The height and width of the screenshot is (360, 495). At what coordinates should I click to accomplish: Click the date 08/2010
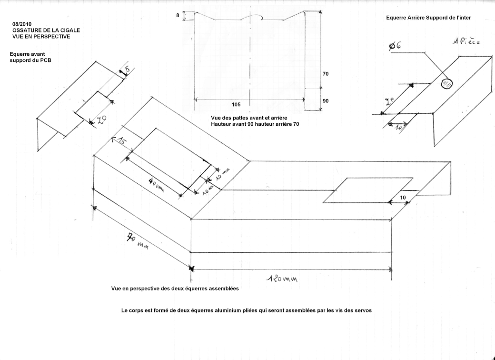[x=22, y=23]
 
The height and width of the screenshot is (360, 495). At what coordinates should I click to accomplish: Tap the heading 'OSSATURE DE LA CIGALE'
[x=46, y=30]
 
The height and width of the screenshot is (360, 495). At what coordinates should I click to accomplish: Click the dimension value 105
[x=236, y=104]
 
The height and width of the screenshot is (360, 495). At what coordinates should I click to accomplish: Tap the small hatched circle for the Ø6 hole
[x=447, y=84]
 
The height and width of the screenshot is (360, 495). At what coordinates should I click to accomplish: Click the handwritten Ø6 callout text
[x=395, y=46]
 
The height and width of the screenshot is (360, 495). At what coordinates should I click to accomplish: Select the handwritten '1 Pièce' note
[x=466, y=41]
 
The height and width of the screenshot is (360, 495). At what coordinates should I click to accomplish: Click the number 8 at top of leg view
[x=178, y=16]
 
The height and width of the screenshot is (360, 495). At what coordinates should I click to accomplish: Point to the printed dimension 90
[x=325, y=101]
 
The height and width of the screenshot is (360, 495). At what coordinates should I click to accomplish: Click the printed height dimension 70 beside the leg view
[x=325, y=74]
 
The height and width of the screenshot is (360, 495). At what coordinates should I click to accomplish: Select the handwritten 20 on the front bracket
[x=100, y=120]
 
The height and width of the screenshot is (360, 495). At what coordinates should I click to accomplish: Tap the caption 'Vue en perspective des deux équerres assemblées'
[x=174, y=288]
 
